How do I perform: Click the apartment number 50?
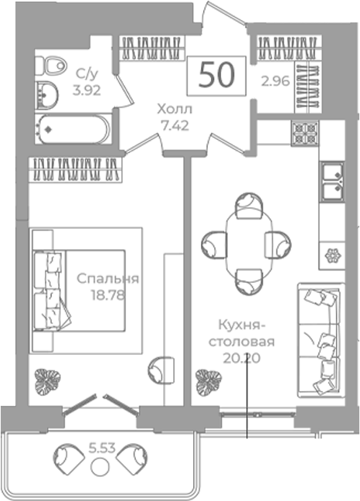pyautogui.click(x=216, y=76)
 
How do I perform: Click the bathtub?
pyautogui.click(x=73, y=129)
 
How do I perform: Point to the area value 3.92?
pyautogui.click(x=87, y=90)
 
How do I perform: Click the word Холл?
pyautogui.click(x=175, y=110)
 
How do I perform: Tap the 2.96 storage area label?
pyautogui.click(x=276, y=81)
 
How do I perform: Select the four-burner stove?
pyautogui.click(x=305, y=134)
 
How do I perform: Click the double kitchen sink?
pyautogui.click(x=333, y=183)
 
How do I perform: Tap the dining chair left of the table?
pyautogui.click(x=214, y=244)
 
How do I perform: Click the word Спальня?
pyautogui.click(x=108, y=278)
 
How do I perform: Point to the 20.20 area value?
pyautogui.click(x=242, y=358)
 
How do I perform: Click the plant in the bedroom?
pyautogui.click(x=47, y=381)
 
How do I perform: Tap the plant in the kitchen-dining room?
pyautogui.click(x=209, y=383)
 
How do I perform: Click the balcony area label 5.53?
pyautogui.click(x=101, y=448)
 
